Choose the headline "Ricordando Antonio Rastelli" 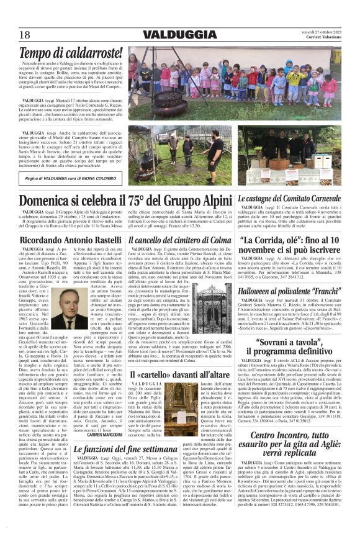pos(70,239)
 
